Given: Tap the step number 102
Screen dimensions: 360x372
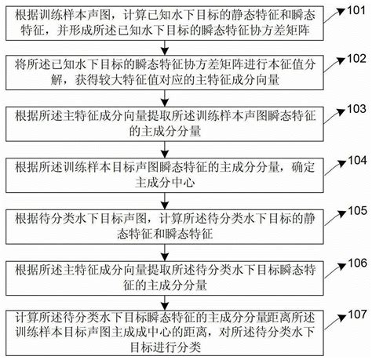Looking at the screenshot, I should coord(356,58).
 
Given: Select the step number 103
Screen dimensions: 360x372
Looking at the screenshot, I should coord(356,107).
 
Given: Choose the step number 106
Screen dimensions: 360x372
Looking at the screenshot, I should coord(356,260).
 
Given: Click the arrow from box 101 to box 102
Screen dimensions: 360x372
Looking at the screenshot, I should coord(168,47).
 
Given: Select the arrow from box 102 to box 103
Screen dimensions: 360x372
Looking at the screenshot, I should coord(168,97).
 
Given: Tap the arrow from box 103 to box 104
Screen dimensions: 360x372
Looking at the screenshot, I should coord(168,149).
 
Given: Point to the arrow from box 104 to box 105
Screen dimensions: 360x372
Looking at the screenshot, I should coord(168,200).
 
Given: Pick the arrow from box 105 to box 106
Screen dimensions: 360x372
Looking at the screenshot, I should coord(168,251).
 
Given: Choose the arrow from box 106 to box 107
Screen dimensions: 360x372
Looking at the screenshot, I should coord(168,302).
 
